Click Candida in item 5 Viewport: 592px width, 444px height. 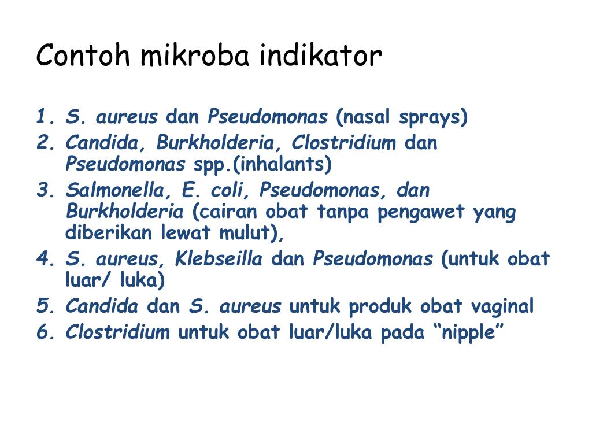tap(102, 306)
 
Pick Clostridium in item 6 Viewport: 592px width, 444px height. tap(118, 332)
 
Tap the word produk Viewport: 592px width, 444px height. tap(380, 306)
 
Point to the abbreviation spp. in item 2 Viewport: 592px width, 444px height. tap(211, 165)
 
